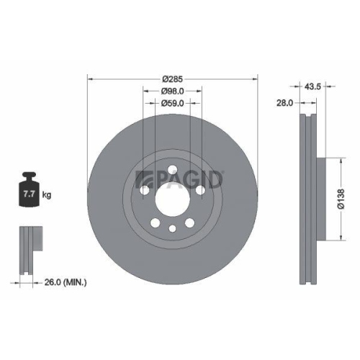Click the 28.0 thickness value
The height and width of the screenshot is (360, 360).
(x=284, y=104)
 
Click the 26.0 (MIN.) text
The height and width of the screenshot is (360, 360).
(x=66, y=283)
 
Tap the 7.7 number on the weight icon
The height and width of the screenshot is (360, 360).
(x=30, y=194)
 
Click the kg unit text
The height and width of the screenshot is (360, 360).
(x=47, y=194)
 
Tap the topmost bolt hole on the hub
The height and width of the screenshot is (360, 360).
(x=171, y=170)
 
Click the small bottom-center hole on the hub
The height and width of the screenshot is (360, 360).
(x=171, y=229)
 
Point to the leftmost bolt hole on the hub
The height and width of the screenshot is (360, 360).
(x=143, y=190)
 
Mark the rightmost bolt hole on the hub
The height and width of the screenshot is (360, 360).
(x=199, y=190)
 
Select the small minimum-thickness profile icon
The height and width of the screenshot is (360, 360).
(x=28, y=249)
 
